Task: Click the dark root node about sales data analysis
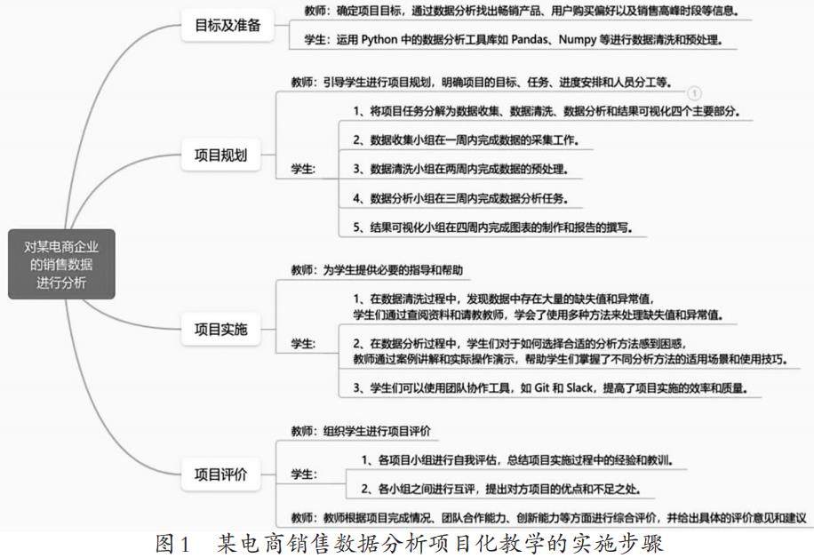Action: point(62,264)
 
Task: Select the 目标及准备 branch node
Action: point(228,25)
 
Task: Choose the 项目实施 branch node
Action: point(220,331)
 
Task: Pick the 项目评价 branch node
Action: point(220,474)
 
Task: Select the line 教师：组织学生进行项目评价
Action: point(361,431)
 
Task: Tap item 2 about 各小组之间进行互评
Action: point(501,488)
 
